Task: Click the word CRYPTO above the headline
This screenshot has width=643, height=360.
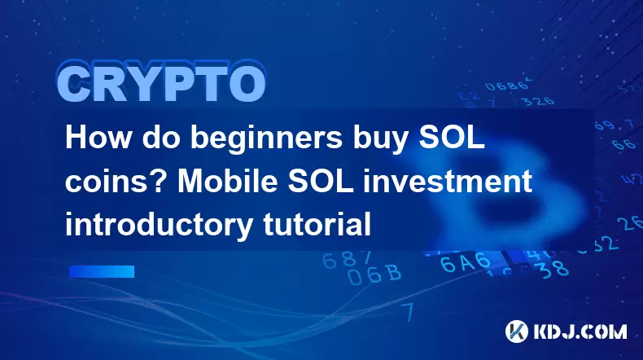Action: (161, 83)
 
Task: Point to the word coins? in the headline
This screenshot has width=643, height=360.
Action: (116, 181)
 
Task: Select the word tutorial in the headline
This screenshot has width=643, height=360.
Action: (317, 224)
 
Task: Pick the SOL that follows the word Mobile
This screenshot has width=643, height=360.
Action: (321, 181)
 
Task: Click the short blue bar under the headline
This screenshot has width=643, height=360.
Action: (101, 271)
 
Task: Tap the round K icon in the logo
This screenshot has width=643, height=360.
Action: (516, 331)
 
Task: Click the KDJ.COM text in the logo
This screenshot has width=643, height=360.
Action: (580, 331)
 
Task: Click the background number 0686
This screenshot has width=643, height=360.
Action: (507, 85)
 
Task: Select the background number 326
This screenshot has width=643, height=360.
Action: (539, 100)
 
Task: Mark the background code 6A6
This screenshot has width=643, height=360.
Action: (465, 262)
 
